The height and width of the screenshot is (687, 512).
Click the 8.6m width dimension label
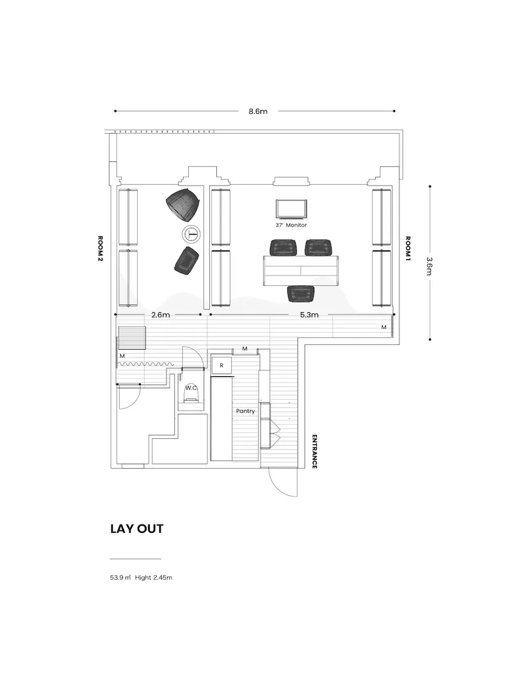[x=258, y=111]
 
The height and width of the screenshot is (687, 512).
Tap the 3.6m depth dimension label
[x=429, y=265]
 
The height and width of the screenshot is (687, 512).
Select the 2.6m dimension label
[x=161, y=315]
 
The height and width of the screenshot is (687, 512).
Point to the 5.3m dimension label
[x=309, y=315]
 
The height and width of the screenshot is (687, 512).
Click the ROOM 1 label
[x=408, y=248]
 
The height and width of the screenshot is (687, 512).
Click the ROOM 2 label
[x=100, y=248]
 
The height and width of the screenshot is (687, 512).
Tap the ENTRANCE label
[x=314, y=451]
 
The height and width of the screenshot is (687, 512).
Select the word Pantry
[x=245, y=411]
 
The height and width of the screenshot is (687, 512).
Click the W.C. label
[x=191, y=388]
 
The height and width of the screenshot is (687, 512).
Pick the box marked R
[x=221, y=365]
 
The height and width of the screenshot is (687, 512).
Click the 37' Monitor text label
[x=291, y=225]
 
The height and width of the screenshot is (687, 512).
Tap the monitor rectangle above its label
[x=291, y=209]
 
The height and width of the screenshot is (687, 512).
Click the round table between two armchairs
[x=191, y=233]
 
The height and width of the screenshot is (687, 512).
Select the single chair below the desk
[x=301, y=294]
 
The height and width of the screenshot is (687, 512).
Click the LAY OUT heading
[x=137, y=529]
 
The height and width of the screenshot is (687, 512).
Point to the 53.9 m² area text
[x=120, y=578]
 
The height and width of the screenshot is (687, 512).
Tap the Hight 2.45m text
[x=154, y=578]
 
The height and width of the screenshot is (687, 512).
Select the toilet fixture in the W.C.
[x=191, y=397]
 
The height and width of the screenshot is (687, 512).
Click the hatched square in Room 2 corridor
[x=132, y=338]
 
